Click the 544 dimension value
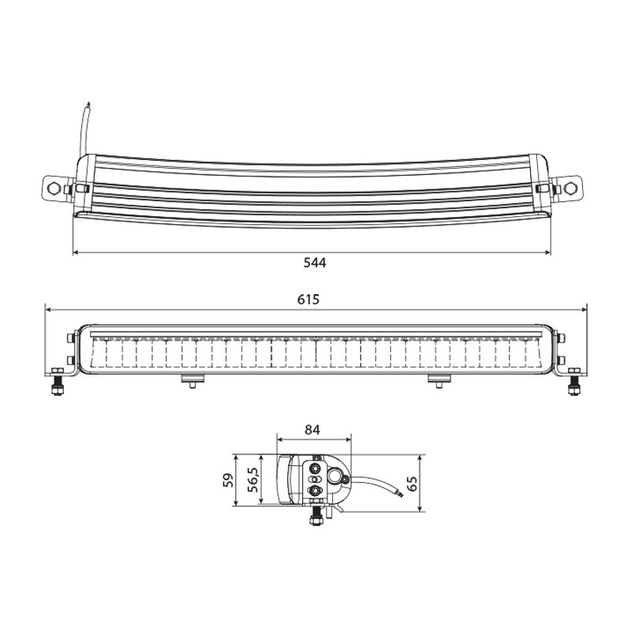[315, 263]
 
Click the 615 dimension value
[308, 300]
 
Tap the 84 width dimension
[312, 430]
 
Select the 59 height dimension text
[229, 480]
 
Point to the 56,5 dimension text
[253, 480]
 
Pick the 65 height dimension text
[412, 484]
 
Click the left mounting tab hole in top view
[54, 188]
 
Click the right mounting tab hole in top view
[569, 188]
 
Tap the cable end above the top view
[88, 106]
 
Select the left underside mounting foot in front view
[193, 380]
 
